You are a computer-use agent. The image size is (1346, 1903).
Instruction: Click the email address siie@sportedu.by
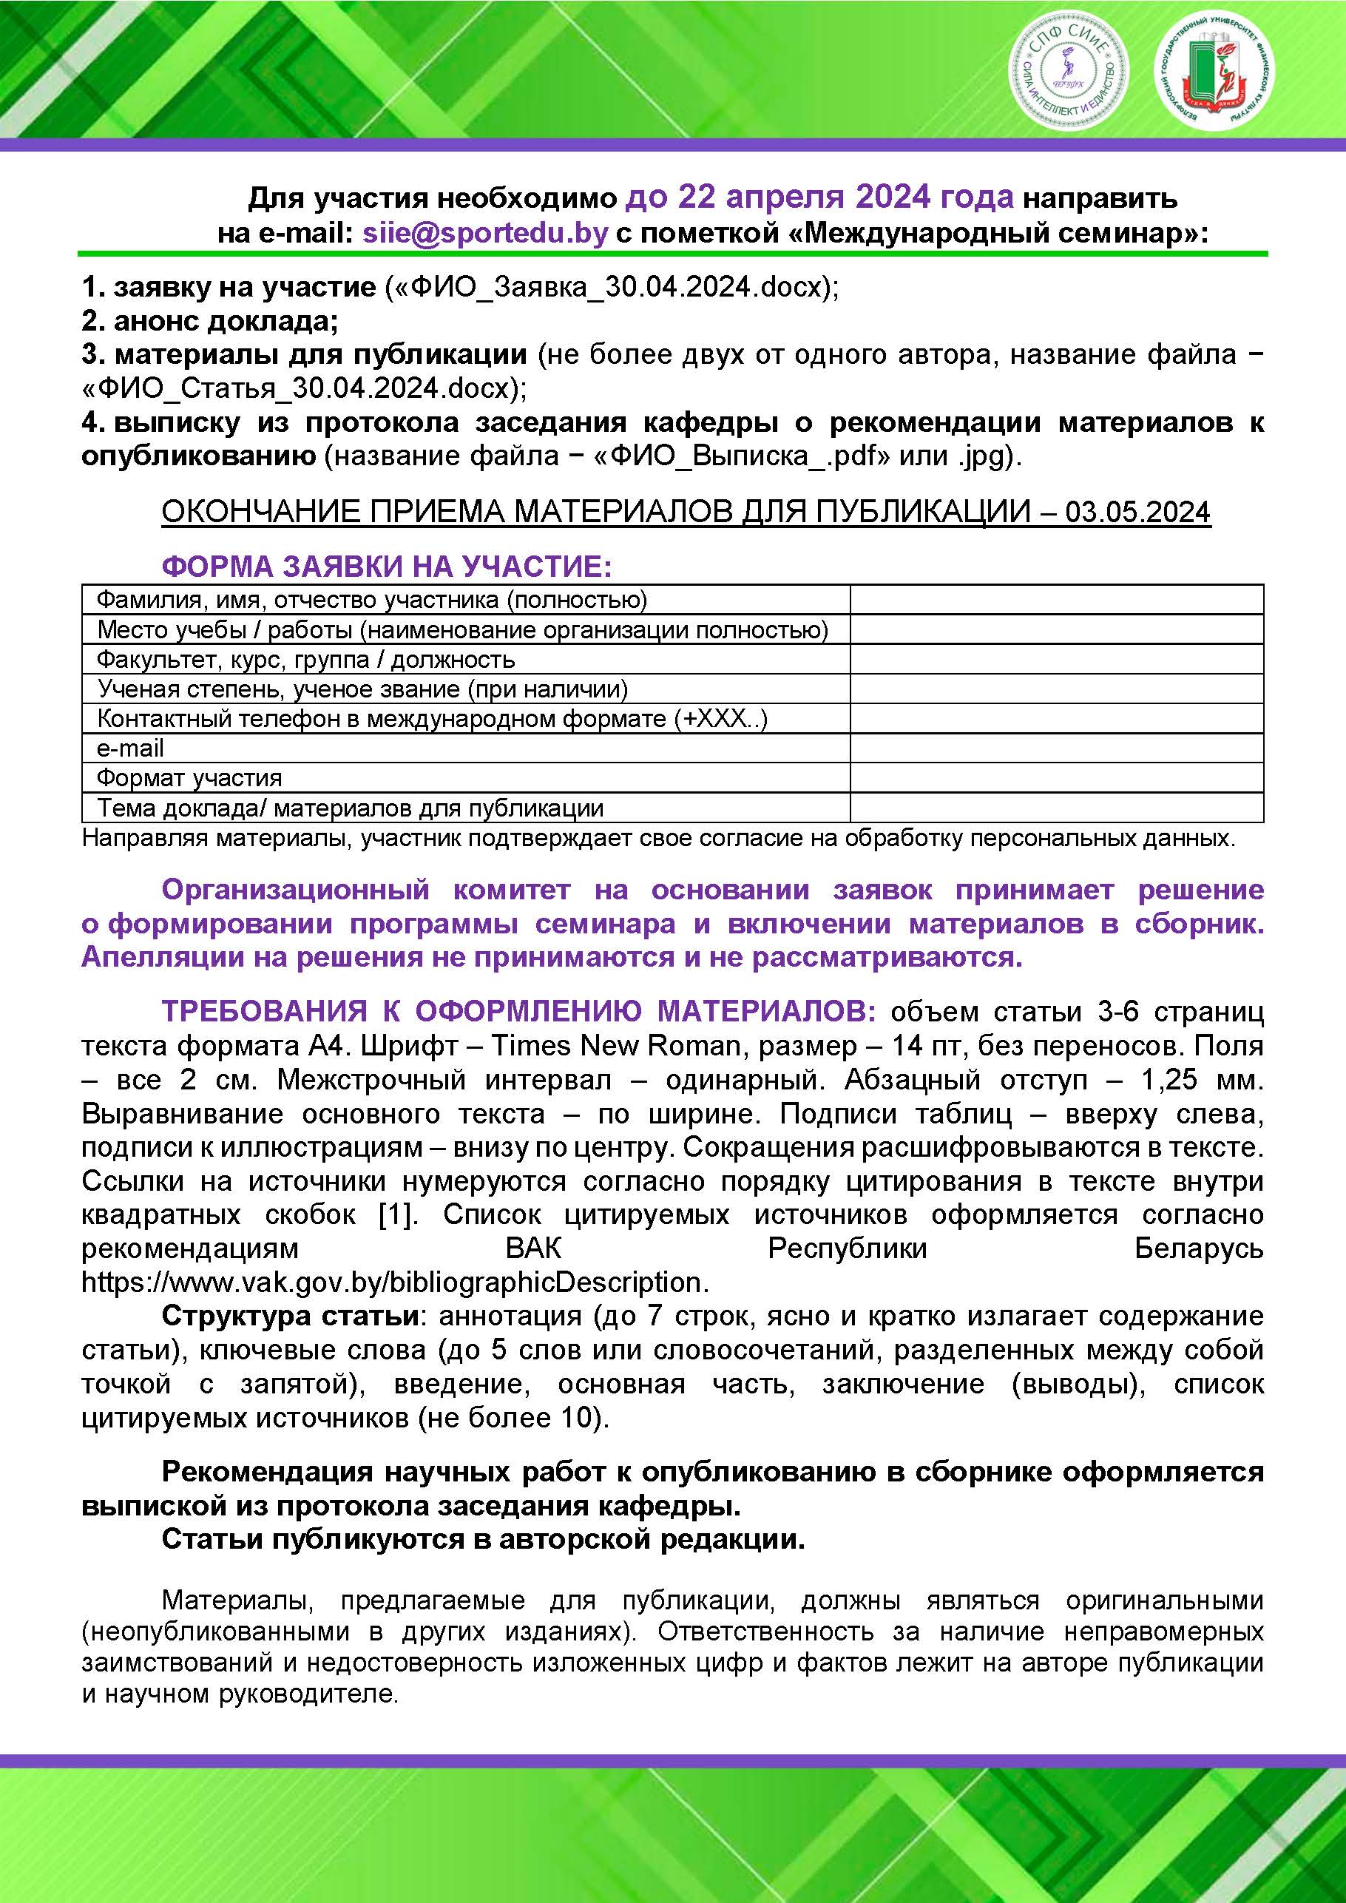coord(485,234)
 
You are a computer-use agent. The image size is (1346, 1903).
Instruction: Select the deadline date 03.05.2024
coord(1137,513)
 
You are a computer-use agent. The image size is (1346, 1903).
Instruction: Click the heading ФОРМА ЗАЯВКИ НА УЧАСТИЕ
coord(386,567)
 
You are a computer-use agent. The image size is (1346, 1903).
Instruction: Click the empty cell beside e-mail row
coord(1056,748)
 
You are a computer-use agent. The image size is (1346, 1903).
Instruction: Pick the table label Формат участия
coord(189,777)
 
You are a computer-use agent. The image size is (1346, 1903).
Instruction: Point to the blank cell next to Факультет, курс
coord(1056,660)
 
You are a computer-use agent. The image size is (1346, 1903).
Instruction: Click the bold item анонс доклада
coord(224,321)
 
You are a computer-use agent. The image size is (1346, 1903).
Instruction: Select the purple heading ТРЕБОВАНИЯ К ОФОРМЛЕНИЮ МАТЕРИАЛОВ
coord(518,1012)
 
